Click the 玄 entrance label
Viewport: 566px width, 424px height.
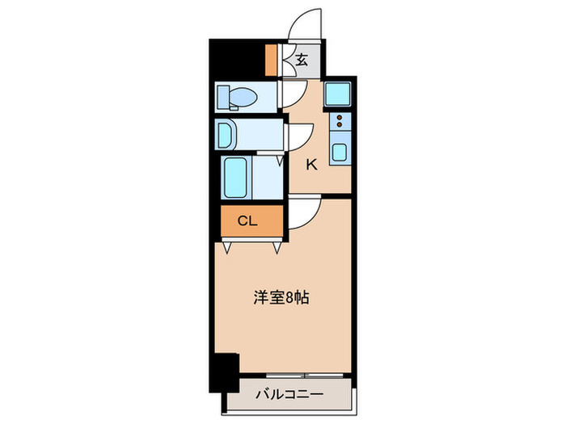click(x=302, y=59)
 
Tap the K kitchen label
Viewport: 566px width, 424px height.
click(x=311, y=164)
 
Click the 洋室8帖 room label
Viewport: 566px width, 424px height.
click(x=278, y=297)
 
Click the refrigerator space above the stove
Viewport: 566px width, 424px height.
click(x=339, y=96)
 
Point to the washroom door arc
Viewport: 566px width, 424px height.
click(x=302, y=134)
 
